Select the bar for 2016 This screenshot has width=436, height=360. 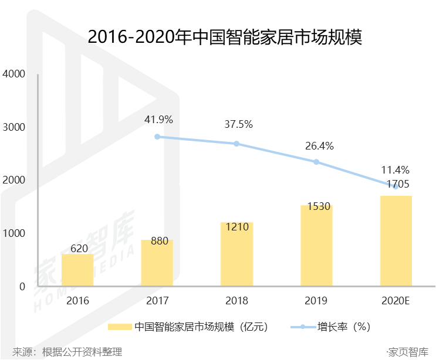pos(77,270)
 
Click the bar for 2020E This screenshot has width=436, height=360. pos(396,241)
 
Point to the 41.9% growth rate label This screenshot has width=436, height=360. pos(158,120)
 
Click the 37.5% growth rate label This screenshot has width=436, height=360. pos(238,124)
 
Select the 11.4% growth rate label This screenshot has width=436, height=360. pos(396,169)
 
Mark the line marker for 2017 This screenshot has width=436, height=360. pos(157,137)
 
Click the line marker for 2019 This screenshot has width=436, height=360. pos(316,162)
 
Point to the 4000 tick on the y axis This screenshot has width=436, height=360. pos(14,74)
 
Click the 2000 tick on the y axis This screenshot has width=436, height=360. pos(14,180)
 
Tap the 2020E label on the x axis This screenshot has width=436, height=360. pos(396,301)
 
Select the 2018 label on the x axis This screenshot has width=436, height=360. pos(236,301)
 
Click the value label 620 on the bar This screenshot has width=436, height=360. pos(79,249)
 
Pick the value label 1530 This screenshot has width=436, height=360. pos(319,206)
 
